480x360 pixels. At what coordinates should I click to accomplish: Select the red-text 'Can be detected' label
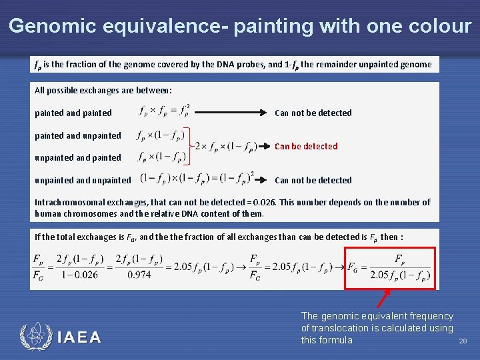(306, 146)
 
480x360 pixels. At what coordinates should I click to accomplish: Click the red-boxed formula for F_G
(390, 268)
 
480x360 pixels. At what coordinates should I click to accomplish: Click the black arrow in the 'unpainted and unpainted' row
(264, 179)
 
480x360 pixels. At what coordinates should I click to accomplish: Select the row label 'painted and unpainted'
(78, 135)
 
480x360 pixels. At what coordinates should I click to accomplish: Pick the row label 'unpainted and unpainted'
(83, 180)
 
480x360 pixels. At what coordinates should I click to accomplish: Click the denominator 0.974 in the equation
(139, 275)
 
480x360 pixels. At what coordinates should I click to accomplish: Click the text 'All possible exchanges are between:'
(103, 90)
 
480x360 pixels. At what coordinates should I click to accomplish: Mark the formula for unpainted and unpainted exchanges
(197, 179)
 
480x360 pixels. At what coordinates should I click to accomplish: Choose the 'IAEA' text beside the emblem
(79, 337)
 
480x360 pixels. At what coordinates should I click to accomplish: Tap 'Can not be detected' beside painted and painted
(313, 113)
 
